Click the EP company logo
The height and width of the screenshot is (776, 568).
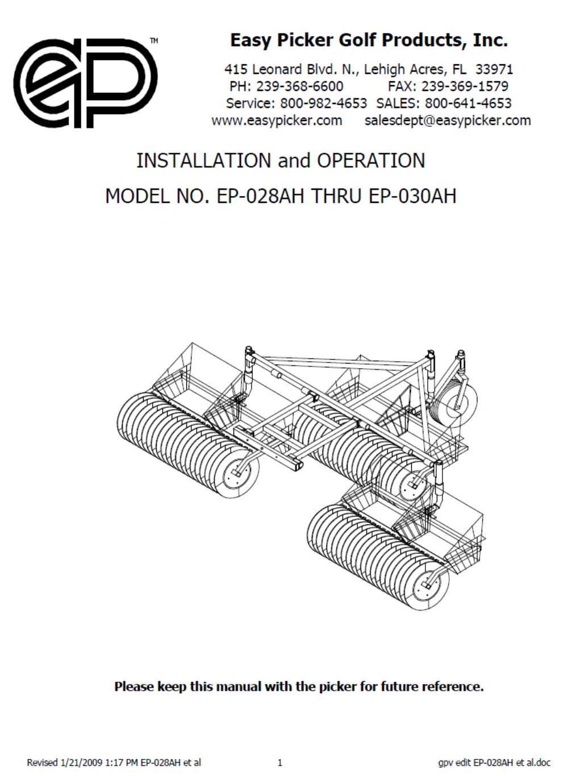tap(86, 83)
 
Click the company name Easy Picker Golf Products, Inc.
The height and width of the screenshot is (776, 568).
tap(369, 40)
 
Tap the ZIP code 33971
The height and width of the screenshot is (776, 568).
tap(494, 69)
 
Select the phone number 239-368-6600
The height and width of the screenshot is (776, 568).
tap(299, 86)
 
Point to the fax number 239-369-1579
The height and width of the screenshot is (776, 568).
tap(465, 86)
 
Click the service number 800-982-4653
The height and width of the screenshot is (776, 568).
tap(324, 103)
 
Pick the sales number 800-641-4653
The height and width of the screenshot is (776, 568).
tap(468, 103)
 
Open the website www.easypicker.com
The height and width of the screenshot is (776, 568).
tap(277, 120)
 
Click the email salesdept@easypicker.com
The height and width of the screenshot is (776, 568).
tap(448, 120)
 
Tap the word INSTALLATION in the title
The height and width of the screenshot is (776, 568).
tap(204, 161)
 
